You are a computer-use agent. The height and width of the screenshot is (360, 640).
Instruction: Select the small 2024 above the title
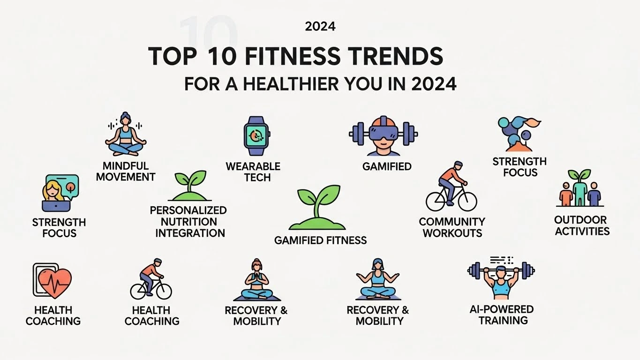pyautogui.click(x=320, y=27)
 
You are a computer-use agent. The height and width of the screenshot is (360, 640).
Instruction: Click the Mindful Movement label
pyautogui.click(x=125, y=172)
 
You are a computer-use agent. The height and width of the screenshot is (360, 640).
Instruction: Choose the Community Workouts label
pyautogui.click(x=452, y=227)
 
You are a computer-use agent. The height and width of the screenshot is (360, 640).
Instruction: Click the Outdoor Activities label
pyautogui.click(x=582, y=225)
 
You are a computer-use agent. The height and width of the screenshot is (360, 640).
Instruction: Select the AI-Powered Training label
pyautogui.click(x=501, y=315)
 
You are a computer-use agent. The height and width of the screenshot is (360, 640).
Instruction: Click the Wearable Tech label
pyautogui.click(x=253, y=172)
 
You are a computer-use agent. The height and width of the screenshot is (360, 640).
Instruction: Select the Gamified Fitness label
pyautogui.click(x=320, y=240)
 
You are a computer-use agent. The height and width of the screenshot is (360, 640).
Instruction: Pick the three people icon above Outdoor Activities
pyautogui.click(x=580, y=190)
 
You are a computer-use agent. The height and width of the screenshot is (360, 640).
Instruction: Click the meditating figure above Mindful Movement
pyautogui.click(x=125, y=135)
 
